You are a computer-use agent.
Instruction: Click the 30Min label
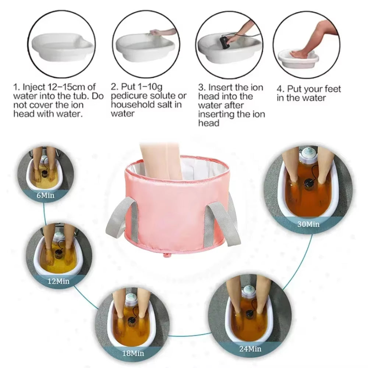click(308, 223)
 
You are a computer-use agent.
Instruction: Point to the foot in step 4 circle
click(300, 53)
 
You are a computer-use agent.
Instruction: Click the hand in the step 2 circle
click(156, 32)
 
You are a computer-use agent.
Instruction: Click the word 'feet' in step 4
click(330, 89)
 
